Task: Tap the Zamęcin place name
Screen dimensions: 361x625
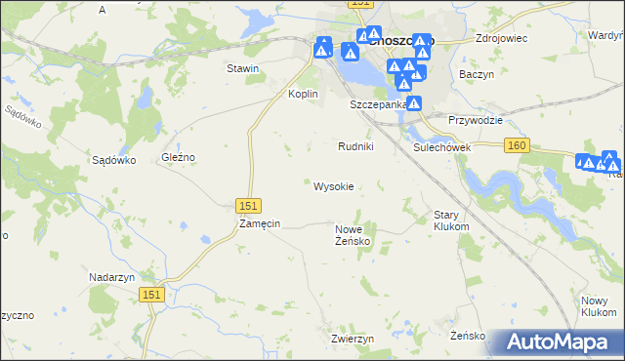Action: click(x=260, y=223)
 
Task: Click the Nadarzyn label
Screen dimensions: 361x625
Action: click(x=110, y=277)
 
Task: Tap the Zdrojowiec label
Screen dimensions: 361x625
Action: click(x=501, y=38)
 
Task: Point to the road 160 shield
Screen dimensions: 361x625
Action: click(x=518, y=145)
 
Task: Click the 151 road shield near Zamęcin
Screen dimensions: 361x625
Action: click(x=248, y=205)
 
